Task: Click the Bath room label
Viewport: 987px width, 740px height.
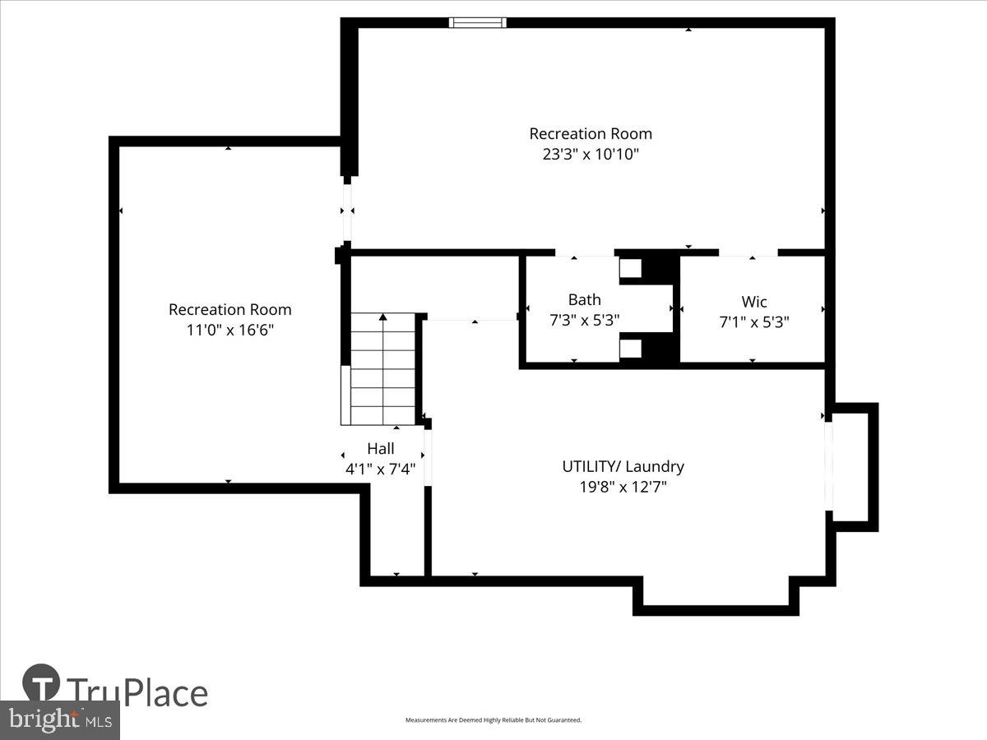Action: [584, 300]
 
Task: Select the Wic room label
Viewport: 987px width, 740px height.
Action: [753, 302]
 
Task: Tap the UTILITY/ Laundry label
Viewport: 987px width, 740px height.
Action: [623, 466]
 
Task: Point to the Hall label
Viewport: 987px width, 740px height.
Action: [380, 449]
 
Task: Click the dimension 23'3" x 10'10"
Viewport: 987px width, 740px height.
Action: [590, 154]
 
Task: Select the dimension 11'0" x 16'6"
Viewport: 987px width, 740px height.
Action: [229, 330]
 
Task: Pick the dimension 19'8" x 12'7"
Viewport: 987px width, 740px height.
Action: [623, 487]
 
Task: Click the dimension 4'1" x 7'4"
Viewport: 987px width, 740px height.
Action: [380, 469]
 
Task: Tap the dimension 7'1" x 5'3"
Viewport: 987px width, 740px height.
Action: [753, 322]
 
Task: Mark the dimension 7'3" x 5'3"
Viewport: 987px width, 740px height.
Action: [584, 321]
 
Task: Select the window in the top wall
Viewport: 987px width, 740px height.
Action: [477, 23]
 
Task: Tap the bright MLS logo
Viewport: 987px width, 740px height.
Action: [59, 720]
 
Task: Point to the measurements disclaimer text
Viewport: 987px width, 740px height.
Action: [493, 720]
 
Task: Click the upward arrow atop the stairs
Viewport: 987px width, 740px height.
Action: [382, 317]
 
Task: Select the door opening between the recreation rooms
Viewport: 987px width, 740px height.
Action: [347, 211]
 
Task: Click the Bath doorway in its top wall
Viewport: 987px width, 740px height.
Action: [585, 252]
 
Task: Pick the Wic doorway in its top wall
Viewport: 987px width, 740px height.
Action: [748, 252]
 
